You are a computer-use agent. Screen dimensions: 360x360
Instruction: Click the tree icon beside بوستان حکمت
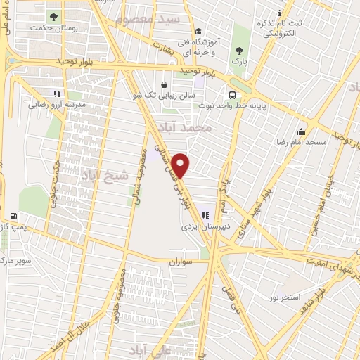(52, 15)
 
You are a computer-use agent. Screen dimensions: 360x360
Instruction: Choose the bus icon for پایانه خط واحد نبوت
(231, 94)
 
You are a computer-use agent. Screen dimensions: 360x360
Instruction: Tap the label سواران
(180, 261)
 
